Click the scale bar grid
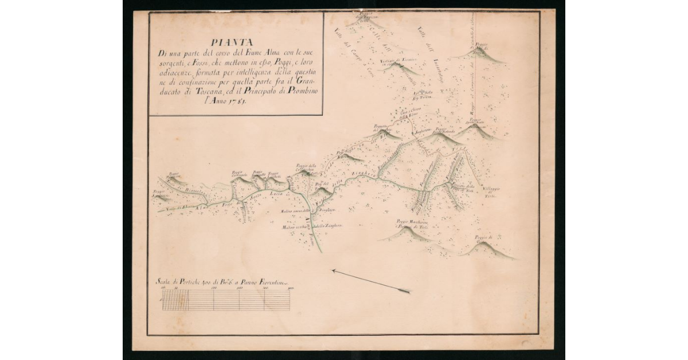(x=226, y=300)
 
